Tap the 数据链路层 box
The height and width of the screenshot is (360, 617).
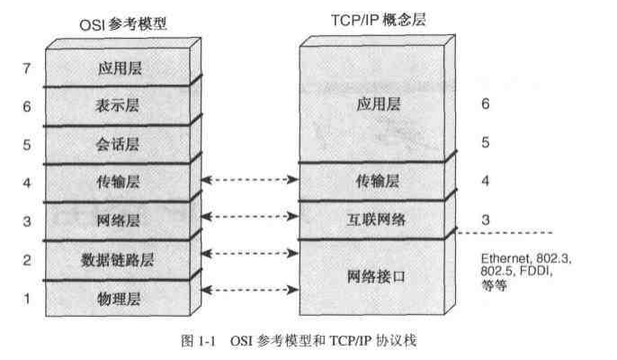pos(118,261)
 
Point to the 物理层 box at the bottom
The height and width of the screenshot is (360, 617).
pos(120,296)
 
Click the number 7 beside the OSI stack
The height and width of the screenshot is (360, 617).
pos(29,67)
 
